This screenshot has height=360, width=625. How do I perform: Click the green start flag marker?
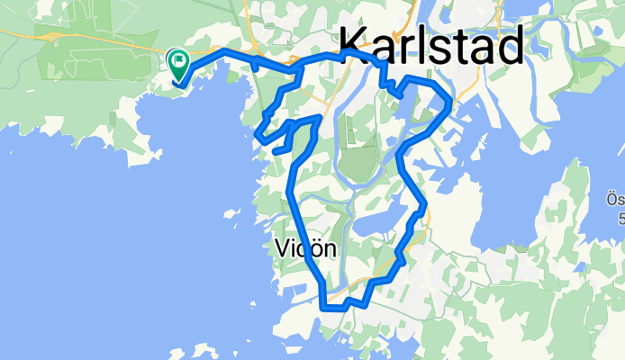click(x=178, y=64)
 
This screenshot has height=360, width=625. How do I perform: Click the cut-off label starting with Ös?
click(x=616, y=202)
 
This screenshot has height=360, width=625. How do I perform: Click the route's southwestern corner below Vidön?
click(x=322, y=306)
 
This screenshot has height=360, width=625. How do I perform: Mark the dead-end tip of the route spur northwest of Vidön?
click(x=273, y=150)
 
